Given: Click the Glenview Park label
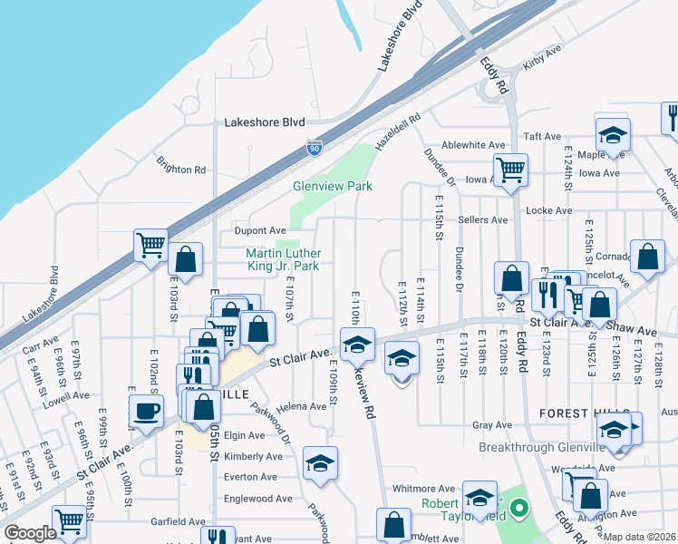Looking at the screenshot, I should coord(333,186).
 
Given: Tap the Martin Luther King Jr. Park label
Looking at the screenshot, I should coord(283,259).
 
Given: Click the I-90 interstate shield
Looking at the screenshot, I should coord(314,147).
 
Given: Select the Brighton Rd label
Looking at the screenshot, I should coord(181,169).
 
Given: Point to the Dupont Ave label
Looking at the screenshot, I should coord(260,230).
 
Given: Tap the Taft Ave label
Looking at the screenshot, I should coord(543,136).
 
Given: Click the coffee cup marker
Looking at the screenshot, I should coord(147,413).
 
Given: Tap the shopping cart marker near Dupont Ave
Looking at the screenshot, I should coord(150,243).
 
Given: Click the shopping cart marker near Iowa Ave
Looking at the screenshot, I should coord(511,168).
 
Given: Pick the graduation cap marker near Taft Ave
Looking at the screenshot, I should coord(614,135).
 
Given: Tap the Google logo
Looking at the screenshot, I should coord(29,533).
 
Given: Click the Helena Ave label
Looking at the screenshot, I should coord(302,406).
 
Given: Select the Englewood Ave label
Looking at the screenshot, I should coord(259,499).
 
